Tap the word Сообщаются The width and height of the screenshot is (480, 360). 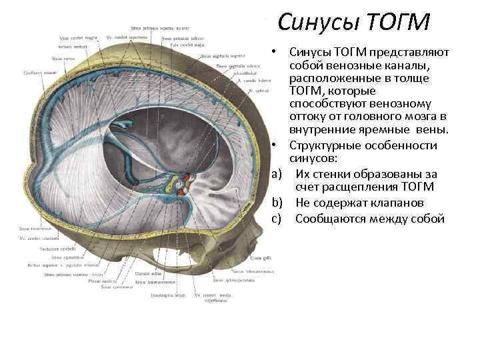[x=327, y=219]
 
